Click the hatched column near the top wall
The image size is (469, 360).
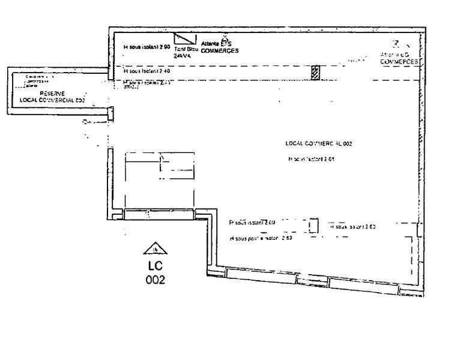(314, 73)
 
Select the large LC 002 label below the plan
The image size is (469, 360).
(156, 272)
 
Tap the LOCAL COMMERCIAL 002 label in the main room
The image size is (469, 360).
(318, 144)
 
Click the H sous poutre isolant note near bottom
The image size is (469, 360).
(261, 239)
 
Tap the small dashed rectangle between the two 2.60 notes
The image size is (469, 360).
(313, 226)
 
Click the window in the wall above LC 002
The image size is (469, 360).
(160, 214)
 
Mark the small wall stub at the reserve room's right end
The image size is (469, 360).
(110, 113)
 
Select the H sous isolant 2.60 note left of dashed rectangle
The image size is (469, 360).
(252, 223)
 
